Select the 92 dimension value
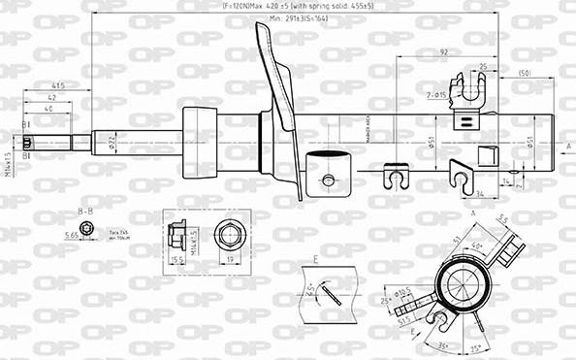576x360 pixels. [x=443, y=53]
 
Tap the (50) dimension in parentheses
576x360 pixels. [x=525, y=74]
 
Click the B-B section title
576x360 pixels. [x=85, y=210]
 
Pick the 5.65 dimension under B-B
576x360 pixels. [x=71, y=234]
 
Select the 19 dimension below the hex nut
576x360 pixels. [x=231, y=261]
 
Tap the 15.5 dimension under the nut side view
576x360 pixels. [x=177, y=261]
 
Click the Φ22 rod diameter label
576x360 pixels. [x=112, y=143]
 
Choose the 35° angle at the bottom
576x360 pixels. [x=443, y=346]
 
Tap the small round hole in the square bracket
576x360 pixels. [x=328, y=180]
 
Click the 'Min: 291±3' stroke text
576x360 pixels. [x=298, y=18]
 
